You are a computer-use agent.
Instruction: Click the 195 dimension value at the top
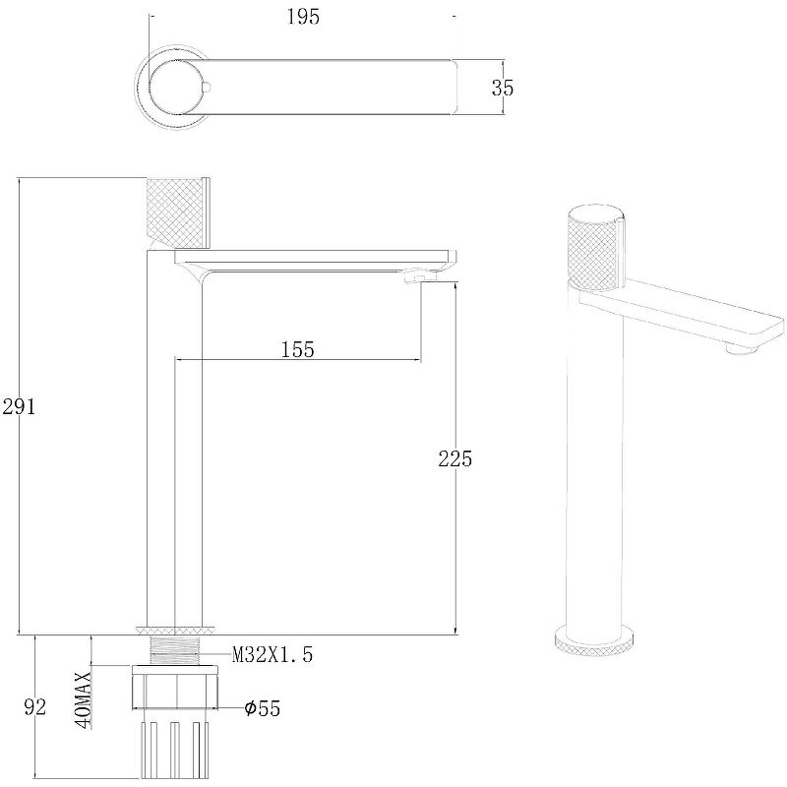click(303, 17)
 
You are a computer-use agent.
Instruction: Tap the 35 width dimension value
click(503, 88)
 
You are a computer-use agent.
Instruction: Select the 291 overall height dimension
click(19, 406)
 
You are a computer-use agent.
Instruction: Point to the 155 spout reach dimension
click(297, 349)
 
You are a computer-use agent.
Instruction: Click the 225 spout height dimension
click(454, 458)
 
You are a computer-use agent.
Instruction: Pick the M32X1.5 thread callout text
click(272, 654)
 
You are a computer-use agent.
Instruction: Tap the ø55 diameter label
click(262, 708)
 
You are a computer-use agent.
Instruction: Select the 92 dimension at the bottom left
click(35, 706)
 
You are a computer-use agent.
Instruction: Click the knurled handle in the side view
click(177, 212)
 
